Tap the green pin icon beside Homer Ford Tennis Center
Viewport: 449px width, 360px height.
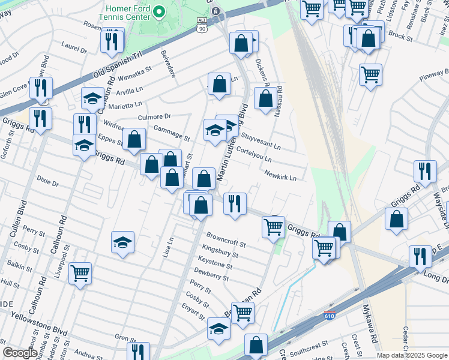158,11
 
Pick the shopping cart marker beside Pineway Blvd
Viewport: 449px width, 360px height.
371,75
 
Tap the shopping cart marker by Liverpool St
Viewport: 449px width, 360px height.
80,274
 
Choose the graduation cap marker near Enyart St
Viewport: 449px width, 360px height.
218,329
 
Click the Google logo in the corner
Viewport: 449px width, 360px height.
20,353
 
